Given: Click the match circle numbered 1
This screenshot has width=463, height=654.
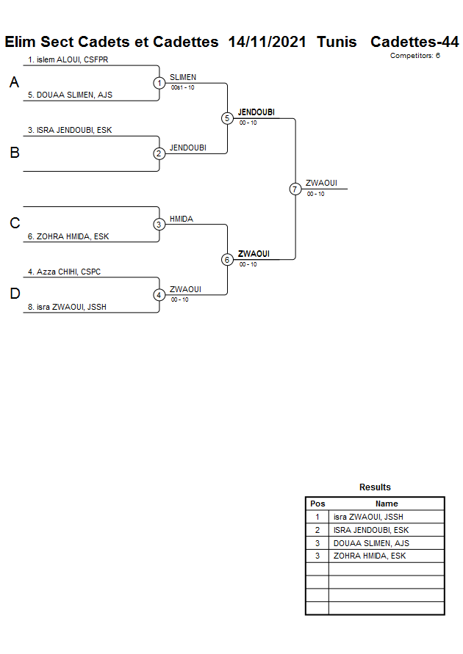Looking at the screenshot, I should (159, 83).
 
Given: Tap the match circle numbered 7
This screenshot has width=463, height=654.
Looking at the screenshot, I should (295, 189).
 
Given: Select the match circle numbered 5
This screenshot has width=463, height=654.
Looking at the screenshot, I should (227, 118).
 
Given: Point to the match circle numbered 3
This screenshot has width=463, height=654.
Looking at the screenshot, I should (159, 225).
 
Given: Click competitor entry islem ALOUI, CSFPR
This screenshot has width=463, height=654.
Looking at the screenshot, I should (68, 59).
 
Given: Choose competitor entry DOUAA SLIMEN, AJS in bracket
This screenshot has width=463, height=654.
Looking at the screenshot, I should (70, 95).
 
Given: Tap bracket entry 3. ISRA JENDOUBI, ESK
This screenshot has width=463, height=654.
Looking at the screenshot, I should (70, 130).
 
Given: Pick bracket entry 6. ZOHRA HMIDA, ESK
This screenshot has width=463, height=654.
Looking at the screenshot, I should (68, 236).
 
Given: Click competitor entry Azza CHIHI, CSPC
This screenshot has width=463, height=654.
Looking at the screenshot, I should (64, 272).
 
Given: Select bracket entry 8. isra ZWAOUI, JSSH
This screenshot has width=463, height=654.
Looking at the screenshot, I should (67, 307).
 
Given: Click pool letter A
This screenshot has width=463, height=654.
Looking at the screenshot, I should (14, 83).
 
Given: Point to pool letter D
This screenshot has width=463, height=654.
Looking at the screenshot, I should (14, 294).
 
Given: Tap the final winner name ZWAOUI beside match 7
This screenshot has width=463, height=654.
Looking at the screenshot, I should (321, 184).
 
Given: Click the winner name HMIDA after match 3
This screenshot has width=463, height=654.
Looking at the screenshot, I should (182, 219).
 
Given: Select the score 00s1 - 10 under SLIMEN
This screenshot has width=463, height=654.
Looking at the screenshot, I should (182, 88).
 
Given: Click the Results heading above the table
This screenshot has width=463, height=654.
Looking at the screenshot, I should (375, 487).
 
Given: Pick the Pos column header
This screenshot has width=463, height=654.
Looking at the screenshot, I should (317, 504).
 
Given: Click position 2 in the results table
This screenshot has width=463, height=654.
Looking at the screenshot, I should (317, 530).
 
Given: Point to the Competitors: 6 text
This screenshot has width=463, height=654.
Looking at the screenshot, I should (414, 56).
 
